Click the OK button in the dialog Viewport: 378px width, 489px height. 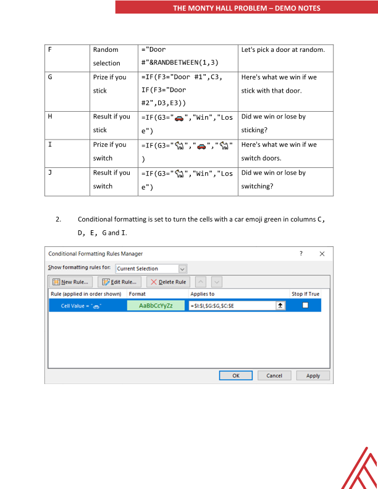coord(237,375)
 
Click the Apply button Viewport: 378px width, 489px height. coord(313,375)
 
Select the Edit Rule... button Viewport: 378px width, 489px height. coord(120,282)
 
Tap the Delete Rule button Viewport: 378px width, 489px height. coord(168,282)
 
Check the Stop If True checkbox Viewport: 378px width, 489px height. coord(305,306)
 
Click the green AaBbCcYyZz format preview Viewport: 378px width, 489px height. coord(156,306)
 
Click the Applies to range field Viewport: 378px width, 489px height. coord(232,306)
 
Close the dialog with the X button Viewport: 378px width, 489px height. coord(322,254)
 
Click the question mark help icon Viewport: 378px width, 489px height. coord(301,254)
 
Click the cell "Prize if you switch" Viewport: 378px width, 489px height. coord(111,151)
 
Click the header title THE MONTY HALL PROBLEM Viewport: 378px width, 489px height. coord(247,8)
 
